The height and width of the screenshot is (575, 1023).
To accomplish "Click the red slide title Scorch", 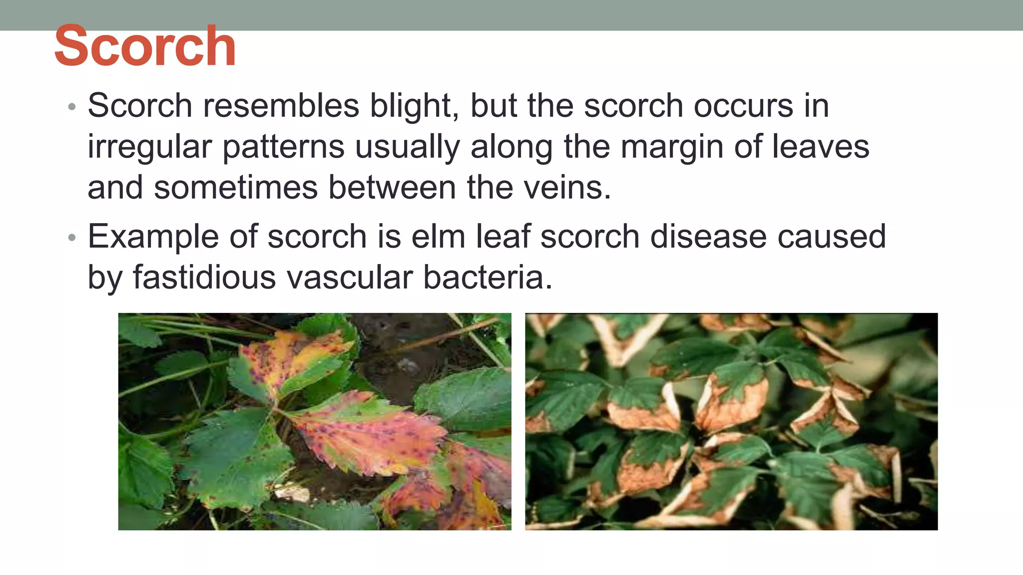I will tap(145, 46).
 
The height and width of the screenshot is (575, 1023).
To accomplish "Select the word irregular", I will tap(149, 147).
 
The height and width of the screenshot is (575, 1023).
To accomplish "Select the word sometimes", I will tap(236, 188).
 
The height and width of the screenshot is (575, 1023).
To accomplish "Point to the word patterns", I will tap(283, 147).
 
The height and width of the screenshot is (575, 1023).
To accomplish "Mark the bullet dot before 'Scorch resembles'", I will tap(72, 107).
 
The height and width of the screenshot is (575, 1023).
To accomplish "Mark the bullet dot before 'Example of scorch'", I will tap(72, 238).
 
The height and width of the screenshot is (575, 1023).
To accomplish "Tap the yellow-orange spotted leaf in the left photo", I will tap(290, 359).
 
